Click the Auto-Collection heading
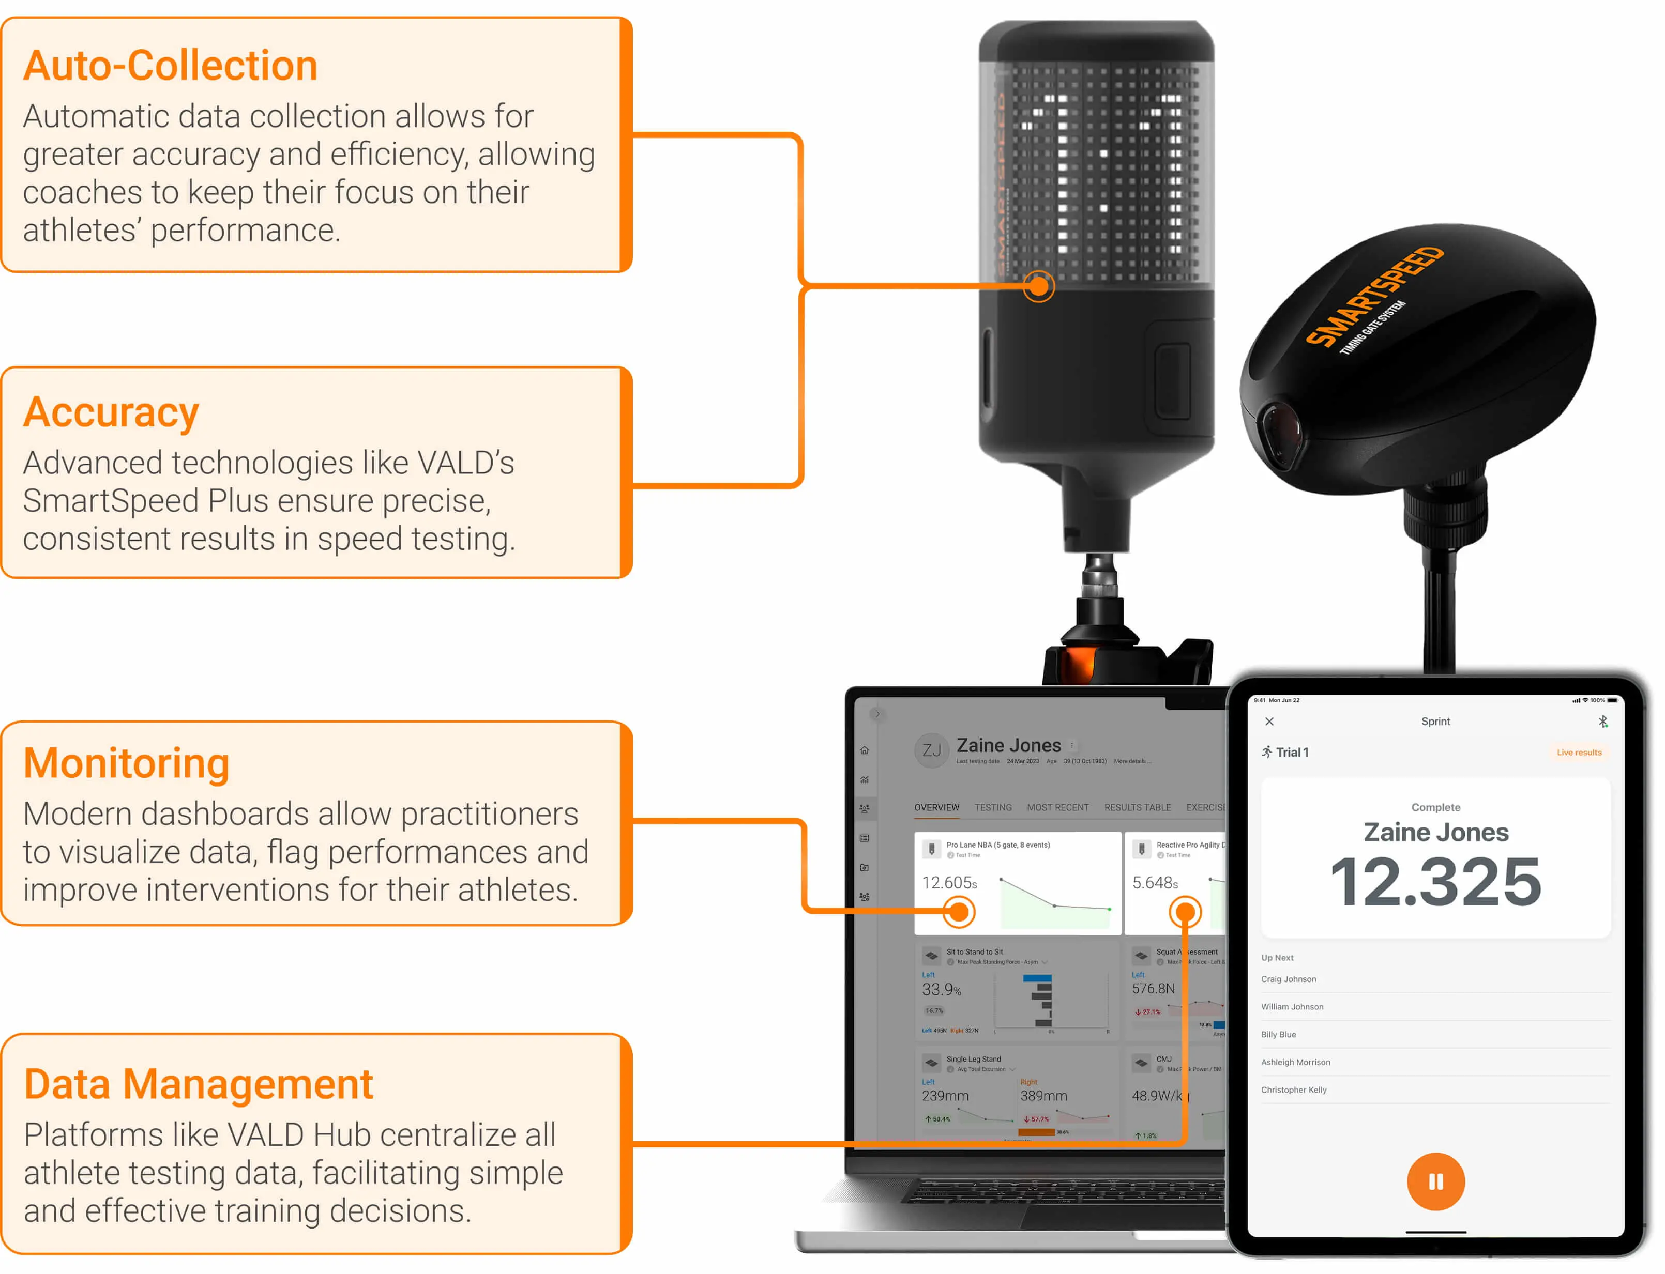pyautogui.click(x=170, y=66)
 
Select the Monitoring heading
pyautogui.click(x=126, y=764)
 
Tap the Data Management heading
pyautogui.click(x=198, y=1084)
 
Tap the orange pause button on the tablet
pyautogui.click(x=1435, y=1181)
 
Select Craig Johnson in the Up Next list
pyautogui.click(x=1288, y=979)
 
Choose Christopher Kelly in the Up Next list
pyautogui.click(x=1293, y=1089)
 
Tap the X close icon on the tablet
pyautogui.click(x=1269, y=721)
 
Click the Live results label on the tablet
pyautogui.click(x=1579, y=753)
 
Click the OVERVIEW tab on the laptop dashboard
pyautogui.click(x=936, y=808)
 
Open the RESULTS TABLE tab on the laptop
pyautogui.click(x=1137, y=808)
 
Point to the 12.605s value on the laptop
pyautogui.click(x=949, y=883)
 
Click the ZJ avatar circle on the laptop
pyautogui.click(x=931, y=751)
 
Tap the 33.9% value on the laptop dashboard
pyautogui.click(x=941, y=990)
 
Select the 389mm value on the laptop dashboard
pyautogui.click(x=1043, y=1096)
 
